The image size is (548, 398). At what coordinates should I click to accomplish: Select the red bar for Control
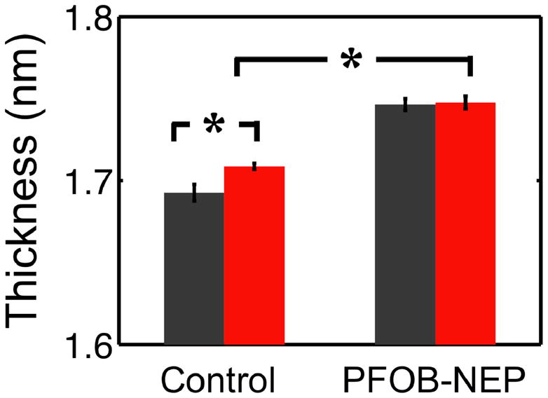(x=254, y=255)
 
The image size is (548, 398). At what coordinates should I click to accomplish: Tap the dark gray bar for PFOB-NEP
(x=406, y=224)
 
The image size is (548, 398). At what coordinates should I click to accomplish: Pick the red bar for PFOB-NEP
(x=465, y=224)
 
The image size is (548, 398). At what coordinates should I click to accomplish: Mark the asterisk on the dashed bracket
(x=214, y=127)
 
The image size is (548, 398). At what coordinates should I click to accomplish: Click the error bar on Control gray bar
(x=195, y=192)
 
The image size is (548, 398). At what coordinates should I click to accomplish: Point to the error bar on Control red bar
(x=254, y=166)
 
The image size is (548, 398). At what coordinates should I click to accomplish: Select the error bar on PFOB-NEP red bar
(x=465, y=102)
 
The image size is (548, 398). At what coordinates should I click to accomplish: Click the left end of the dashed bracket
(x=174, y=132)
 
